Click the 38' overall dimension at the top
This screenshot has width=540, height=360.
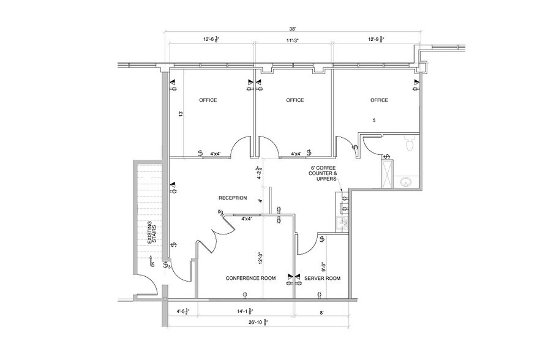293,29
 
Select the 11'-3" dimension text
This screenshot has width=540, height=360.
293,40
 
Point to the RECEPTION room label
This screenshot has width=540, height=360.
233,198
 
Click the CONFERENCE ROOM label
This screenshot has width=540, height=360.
250,278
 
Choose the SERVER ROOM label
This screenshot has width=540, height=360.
323,278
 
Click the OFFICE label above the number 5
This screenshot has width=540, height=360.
379,100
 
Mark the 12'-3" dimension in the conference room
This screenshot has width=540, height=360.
260,259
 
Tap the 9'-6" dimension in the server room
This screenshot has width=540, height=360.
323,267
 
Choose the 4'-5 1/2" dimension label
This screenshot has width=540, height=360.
183,312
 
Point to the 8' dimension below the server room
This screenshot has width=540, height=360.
323,312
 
